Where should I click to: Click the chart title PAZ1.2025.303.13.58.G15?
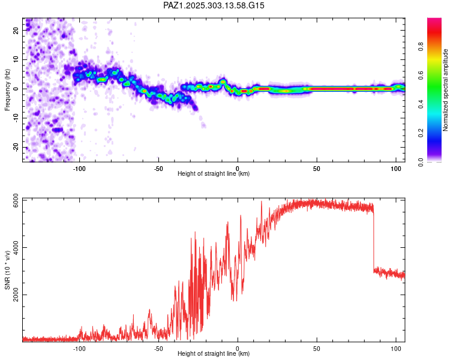point(214,5)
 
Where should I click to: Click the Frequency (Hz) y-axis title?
point(8,89)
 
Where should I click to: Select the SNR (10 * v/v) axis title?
point(8,269)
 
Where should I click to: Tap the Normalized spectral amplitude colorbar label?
point(446,90)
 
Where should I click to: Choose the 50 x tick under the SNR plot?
point(317,348)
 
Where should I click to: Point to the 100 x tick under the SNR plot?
point(396,348)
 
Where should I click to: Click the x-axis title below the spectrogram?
point(214,174)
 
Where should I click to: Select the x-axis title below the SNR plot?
point(214,353)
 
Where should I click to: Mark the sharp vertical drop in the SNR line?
point(374,240)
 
